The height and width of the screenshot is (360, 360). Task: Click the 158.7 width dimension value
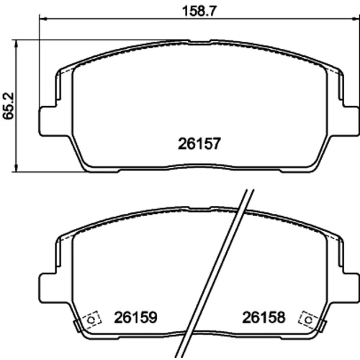click(199, 11)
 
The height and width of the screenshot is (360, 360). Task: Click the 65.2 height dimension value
click(9, 106)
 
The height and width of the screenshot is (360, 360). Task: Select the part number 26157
click(199, 144)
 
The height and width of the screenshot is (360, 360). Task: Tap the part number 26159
click(135, 318)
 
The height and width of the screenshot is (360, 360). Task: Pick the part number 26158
click(264, 318)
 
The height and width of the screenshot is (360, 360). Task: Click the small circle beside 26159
click(91, 320)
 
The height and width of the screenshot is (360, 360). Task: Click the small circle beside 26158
click(308, 320)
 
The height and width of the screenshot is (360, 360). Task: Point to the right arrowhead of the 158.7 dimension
click(356, 18)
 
